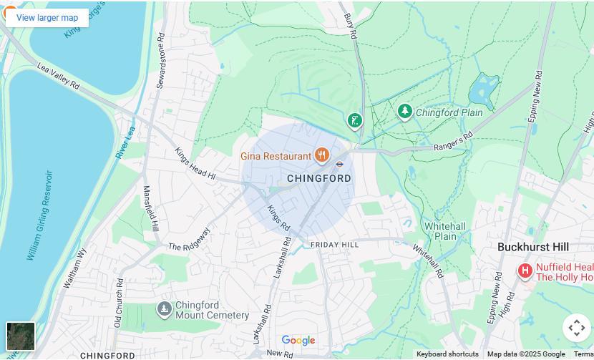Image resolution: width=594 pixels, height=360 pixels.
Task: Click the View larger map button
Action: [47, 18]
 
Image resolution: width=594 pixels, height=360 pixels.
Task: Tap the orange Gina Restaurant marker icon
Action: [322, 155]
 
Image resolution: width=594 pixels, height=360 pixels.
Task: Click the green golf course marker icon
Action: [354, 120]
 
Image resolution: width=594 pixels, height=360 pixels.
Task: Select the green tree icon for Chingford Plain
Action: [405, 112]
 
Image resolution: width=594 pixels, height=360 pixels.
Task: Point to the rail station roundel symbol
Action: [341, 163]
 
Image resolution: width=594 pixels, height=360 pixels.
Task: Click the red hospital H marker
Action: [525, 271]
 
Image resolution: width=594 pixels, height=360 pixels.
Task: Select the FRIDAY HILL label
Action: [334, 245]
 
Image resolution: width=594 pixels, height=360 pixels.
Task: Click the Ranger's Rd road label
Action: [453, 142]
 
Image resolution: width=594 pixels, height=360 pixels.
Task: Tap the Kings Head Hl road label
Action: [195, 163]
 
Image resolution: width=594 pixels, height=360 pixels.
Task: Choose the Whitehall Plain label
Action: [445, 231]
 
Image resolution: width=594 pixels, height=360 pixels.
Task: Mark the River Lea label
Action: [125, 143]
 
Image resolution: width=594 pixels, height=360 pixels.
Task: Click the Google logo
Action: [298, 341]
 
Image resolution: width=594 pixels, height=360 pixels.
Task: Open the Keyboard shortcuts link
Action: [447, 354]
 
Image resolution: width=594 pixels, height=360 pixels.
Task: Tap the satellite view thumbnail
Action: [21, 336]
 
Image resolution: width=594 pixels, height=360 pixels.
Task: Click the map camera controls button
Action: [576, 328]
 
